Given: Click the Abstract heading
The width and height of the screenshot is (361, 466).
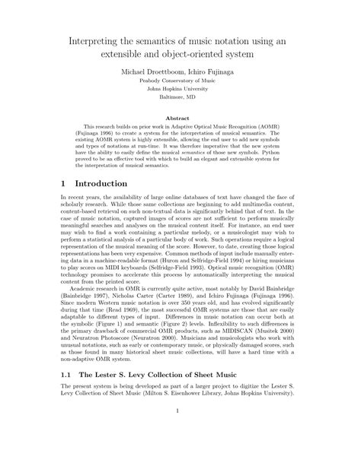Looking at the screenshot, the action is pos(180,118).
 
